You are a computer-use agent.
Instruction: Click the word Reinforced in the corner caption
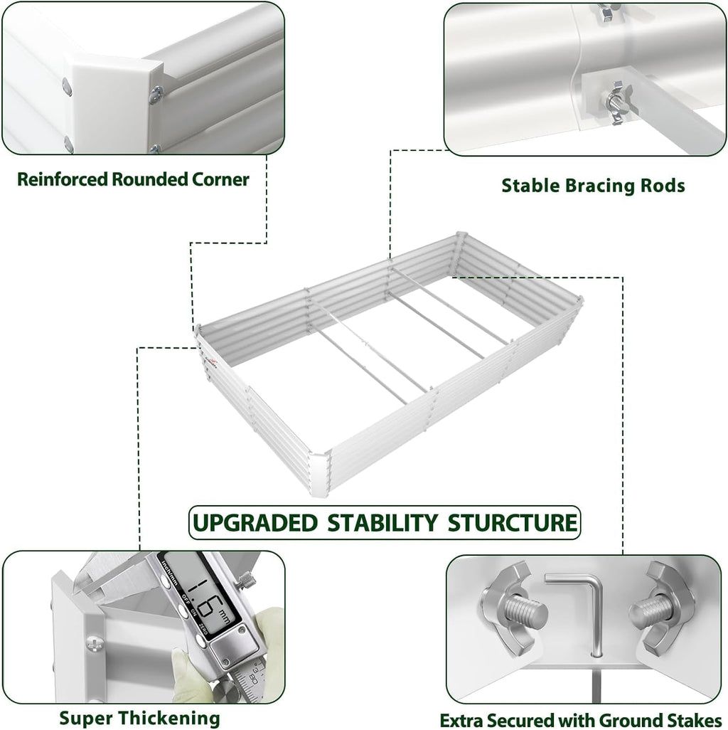click(x=62, y=179)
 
